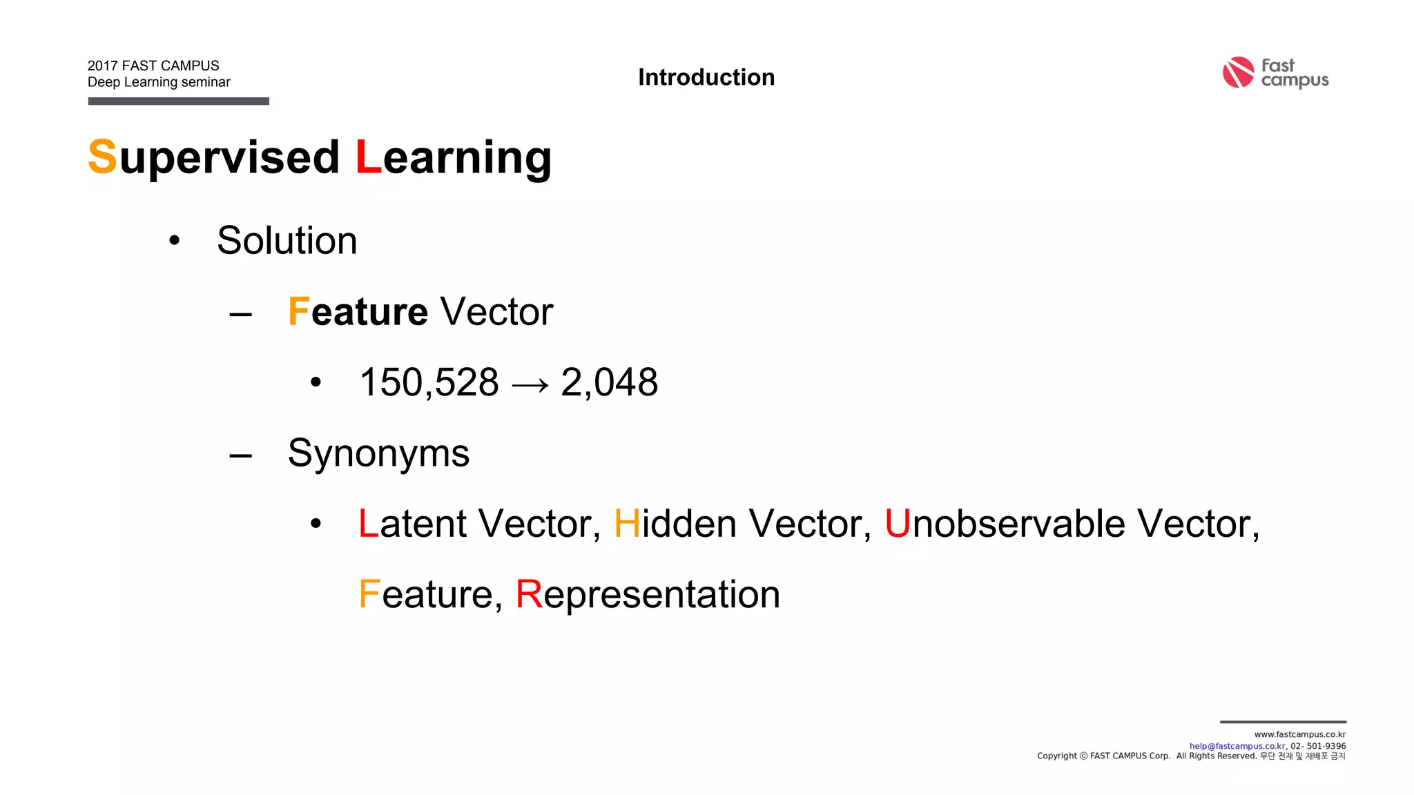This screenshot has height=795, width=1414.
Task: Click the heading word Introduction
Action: [706, 77]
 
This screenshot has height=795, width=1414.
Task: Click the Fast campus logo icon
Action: [1238, 72]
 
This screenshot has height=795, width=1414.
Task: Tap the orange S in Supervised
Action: [102, 157]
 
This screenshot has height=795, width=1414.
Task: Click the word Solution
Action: [287, 240]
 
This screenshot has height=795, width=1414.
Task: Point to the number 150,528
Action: [429, 382]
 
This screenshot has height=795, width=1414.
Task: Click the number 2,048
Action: [609, 382]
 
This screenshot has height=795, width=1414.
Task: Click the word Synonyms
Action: [378, 453]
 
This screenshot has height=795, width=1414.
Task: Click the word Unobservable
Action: [1005, 524]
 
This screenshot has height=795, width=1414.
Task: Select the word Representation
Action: [648, 594]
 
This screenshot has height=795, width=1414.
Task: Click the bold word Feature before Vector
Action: [358, 312]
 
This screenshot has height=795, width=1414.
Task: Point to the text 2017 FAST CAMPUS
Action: [153, 66]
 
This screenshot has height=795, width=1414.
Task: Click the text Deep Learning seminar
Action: [159, 82]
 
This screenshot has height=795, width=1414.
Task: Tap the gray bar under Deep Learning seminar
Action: [178, 101]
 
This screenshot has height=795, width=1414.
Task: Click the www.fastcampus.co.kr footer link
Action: [1299, 734]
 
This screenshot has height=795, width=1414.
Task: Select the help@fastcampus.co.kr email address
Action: [1237, 746]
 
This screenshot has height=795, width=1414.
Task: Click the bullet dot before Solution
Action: [175, 241]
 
